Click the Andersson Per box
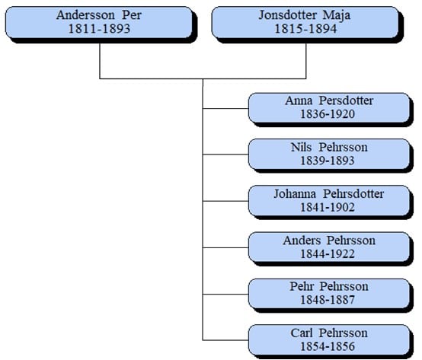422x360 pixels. (99, 22)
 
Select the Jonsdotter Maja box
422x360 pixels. (305, 22)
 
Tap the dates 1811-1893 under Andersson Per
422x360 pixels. (99, 29)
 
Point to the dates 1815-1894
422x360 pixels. (305, 29)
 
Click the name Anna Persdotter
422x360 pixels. (329, 100)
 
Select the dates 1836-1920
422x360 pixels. (328, 114)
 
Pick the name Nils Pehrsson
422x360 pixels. (329, 148)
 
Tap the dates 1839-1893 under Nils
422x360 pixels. (328, 161)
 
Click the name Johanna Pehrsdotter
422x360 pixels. (329, 194)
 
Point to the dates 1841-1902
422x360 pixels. (328, 207)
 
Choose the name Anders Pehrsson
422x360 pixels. (329, 241)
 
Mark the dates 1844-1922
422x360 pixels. (328, 253)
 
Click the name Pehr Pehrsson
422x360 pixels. (329, 287)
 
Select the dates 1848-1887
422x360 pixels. (328, 300)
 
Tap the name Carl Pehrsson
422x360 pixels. (329, 333)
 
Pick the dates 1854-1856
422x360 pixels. (328, 346)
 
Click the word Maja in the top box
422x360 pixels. (337, 15)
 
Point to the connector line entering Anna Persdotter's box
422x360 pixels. (225, 108)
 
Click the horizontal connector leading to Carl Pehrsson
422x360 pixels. (225, 340)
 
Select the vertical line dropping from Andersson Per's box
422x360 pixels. (100, 61)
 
